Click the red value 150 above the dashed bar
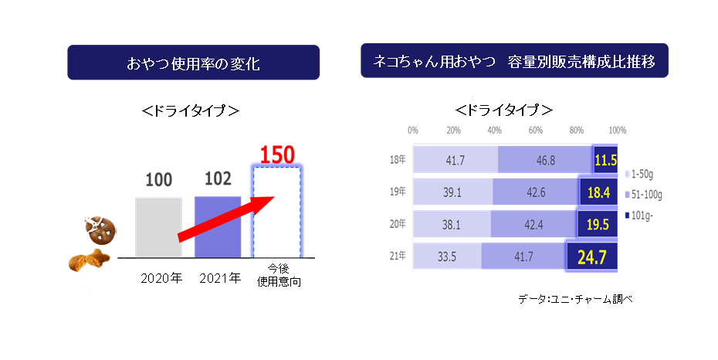pos(277,155)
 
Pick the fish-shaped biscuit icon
pos(86,261)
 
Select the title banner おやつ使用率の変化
pos(193,63)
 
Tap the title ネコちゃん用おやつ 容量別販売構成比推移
pos(513,61)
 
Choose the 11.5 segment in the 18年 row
pos(606,160)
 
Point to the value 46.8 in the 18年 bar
pos(546,160)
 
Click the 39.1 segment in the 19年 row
pos(453,192)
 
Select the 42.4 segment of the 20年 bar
pos(533,225)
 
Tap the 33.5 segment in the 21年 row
pos(447,257)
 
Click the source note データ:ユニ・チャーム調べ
pos(576,298)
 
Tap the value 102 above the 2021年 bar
pos(217,180)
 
